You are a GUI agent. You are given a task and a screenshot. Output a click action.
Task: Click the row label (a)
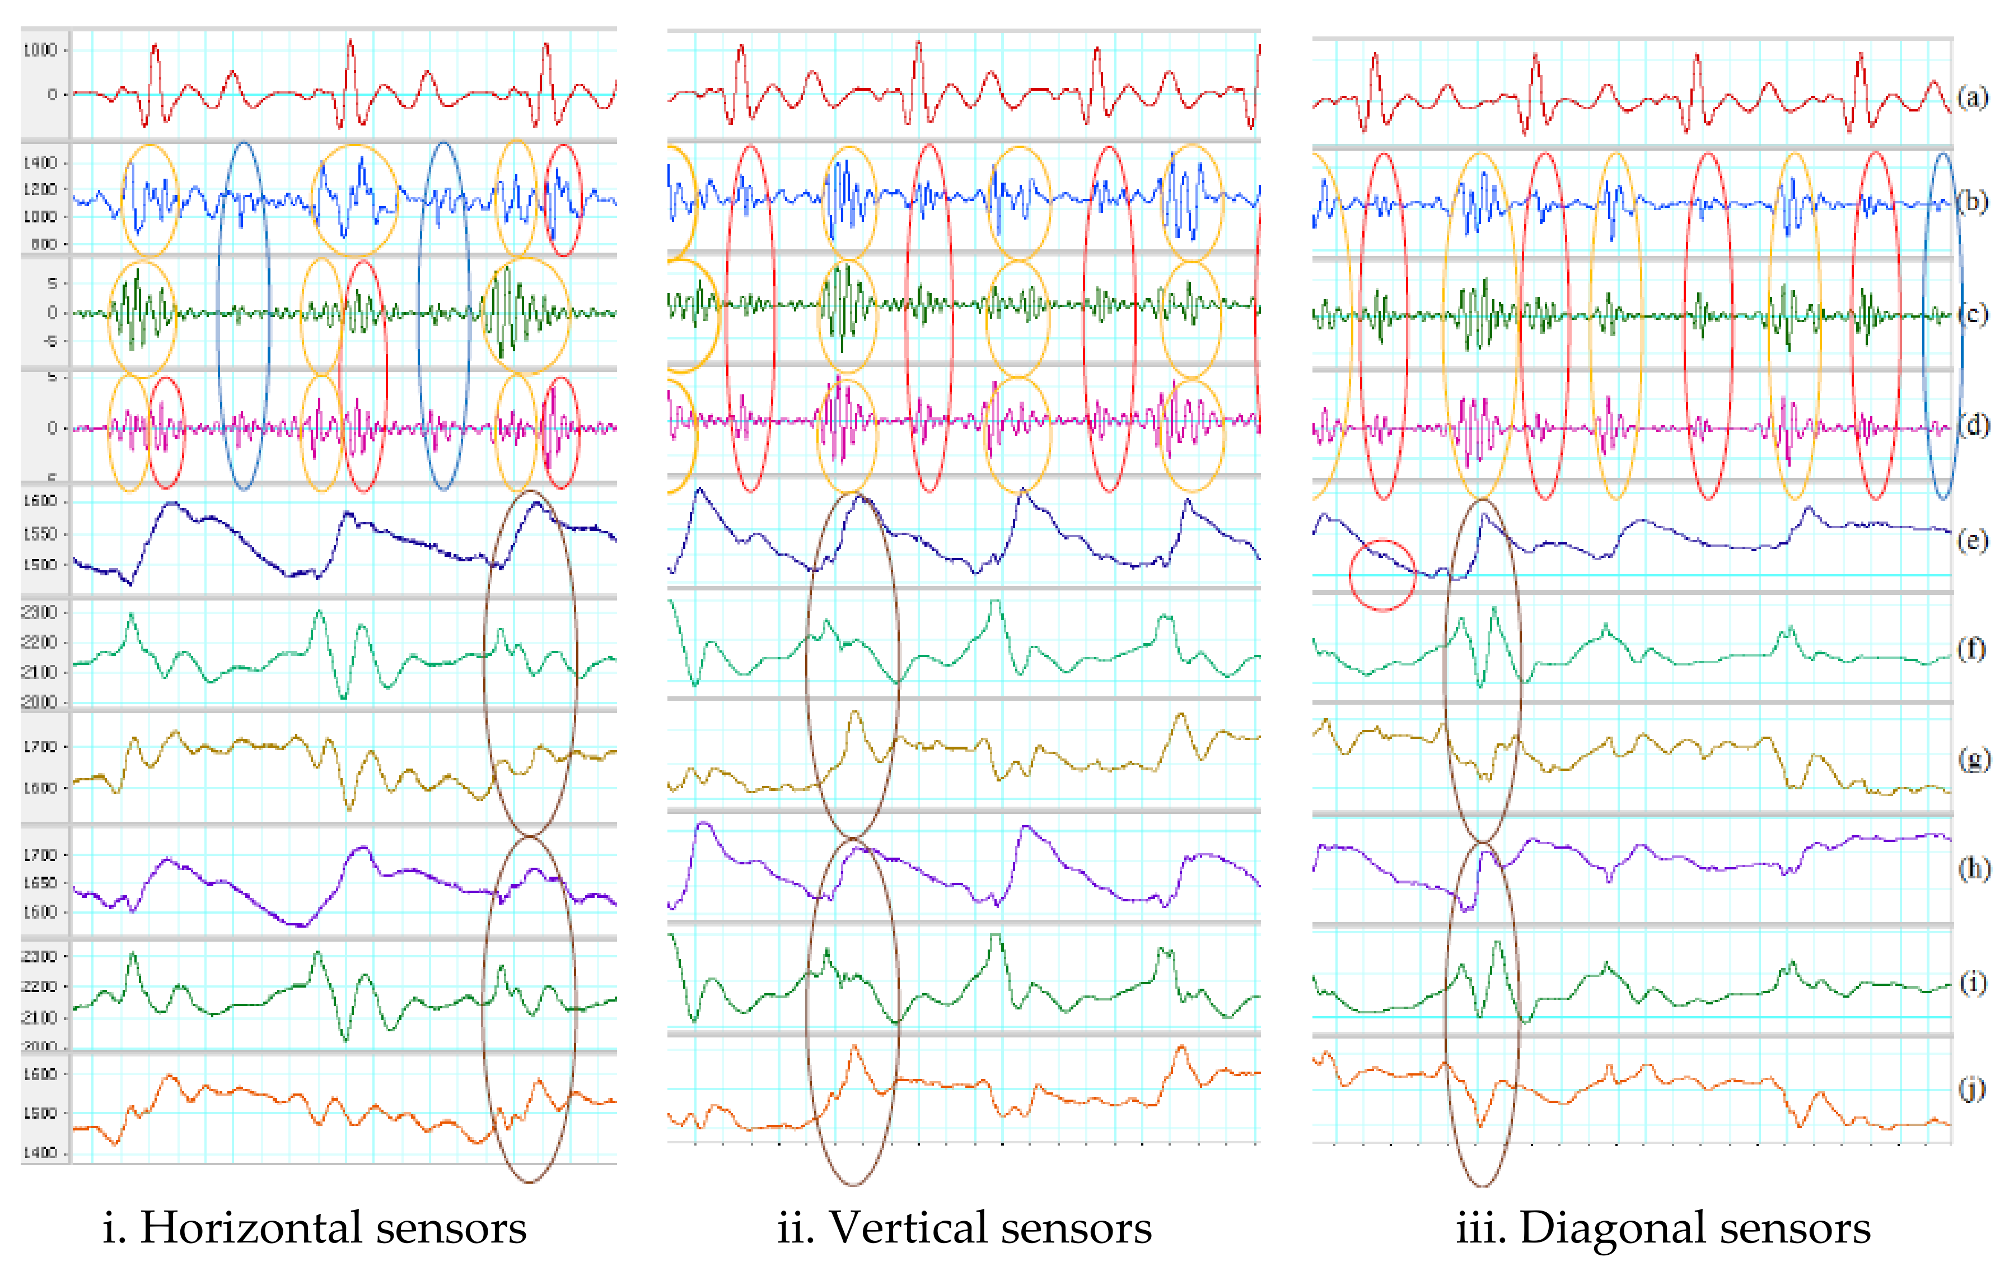point(1972,99)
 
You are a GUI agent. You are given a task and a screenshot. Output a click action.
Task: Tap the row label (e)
point(1972,541)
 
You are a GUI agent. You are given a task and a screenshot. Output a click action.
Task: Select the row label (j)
point(1972,1088)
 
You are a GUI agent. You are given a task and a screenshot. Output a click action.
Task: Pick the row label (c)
point(1972,315)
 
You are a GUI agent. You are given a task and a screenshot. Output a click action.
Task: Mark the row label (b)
point(1972,202)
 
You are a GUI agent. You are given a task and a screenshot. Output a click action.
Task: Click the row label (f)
point(1972,649)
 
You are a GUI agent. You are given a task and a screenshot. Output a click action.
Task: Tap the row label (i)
point(1972,983)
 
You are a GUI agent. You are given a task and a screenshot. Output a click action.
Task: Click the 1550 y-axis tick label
point(40,533)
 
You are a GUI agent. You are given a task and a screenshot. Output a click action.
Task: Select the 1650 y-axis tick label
point(40,882)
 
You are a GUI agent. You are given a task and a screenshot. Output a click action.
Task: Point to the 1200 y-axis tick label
point(40,189)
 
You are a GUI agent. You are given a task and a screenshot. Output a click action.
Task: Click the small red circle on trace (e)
point(1382,575)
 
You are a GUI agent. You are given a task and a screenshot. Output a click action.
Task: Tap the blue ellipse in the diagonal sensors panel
point(1942,325)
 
